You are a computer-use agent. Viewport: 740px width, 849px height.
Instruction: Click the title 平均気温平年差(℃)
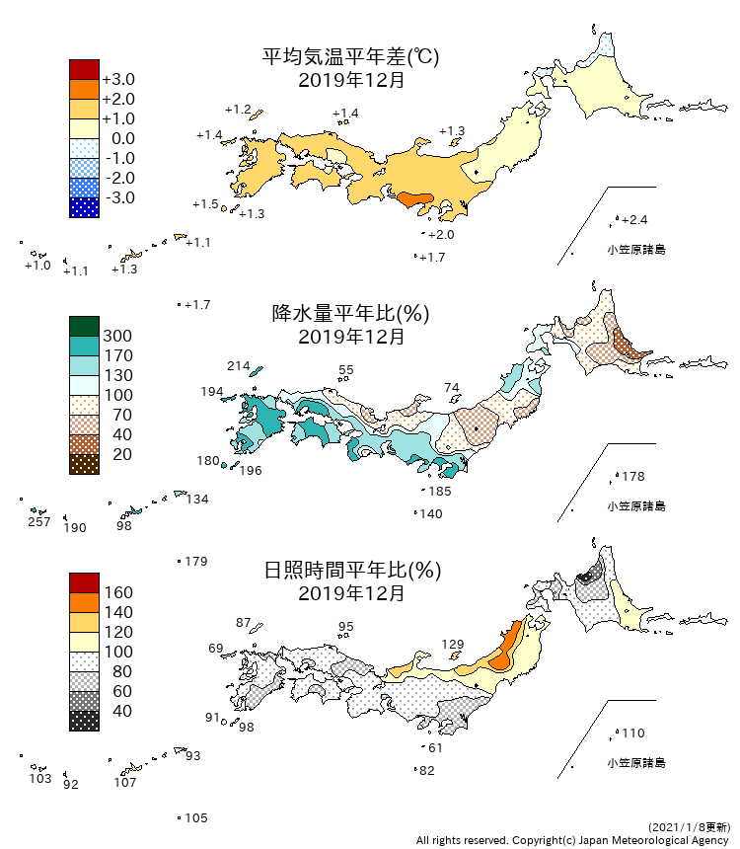[350, 57]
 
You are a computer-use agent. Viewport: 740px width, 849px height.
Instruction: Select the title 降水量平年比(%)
[350, 314]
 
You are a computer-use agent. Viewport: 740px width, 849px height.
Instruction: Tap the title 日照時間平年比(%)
[350, 571]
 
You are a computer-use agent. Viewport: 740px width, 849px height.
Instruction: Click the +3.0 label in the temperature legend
[117, 79]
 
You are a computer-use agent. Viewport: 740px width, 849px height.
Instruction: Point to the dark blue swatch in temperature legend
[84, 207]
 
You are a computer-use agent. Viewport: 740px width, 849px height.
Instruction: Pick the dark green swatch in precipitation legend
[84, 326]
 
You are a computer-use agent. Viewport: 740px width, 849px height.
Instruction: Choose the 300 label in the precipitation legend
[117, 336]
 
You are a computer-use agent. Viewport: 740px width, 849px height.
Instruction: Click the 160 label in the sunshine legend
[117, 592]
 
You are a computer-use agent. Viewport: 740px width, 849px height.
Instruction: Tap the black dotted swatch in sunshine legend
[84, 721]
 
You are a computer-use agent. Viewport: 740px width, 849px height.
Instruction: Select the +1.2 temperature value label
[238, 109]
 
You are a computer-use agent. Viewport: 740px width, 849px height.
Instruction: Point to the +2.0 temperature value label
[441, 234]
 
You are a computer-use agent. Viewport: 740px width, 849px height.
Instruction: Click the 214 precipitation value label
[238, 365]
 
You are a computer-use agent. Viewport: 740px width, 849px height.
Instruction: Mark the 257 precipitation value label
[38, 521]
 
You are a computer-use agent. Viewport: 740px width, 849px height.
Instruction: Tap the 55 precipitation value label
[345, 370]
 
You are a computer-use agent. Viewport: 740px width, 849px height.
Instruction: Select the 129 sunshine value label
[452, 645]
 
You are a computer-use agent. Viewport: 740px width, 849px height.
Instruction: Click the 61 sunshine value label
[435, 747]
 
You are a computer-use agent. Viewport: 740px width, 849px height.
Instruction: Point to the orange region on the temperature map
[414, 199]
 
